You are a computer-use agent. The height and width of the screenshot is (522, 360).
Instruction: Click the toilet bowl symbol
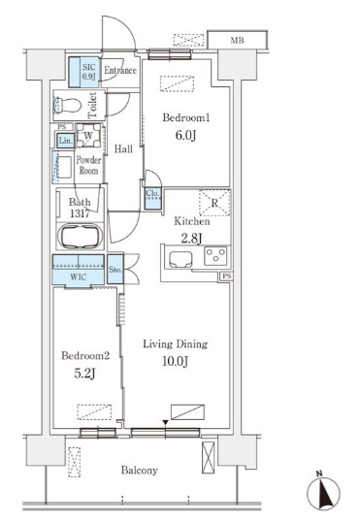point(67,106)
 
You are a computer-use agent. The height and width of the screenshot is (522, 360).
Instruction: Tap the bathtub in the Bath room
point(80,236)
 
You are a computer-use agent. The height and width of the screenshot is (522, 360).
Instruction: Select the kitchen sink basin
point(180,260)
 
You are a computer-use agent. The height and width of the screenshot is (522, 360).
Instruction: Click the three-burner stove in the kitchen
point(215,256)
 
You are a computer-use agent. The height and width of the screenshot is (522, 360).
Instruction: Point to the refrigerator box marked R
point(214,203)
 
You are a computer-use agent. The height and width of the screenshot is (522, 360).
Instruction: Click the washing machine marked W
point(88,135)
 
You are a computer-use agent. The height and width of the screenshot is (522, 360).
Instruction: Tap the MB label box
point(237,41)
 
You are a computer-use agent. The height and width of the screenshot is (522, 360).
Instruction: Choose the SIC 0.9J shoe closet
point(83,72)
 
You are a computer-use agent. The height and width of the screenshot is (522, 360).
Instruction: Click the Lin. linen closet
point(65,141)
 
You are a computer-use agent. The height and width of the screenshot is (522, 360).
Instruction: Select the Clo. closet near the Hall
point(152,199)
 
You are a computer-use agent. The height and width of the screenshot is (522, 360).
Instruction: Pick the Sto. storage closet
point(115,270)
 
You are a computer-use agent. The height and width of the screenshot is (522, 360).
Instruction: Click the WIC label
point(79,277)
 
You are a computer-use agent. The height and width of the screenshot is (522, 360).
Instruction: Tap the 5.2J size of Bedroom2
point(84,374)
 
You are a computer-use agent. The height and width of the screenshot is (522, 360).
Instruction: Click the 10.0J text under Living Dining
point(176,362)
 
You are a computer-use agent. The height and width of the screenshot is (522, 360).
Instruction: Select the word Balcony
point(139,471)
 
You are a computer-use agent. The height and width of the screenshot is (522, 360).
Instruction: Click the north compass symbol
point(323,492)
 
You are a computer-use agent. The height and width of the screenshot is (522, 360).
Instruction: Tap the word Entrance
point(120,70)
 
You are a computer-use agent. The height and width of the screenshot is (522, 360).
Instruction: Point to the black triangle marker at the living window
point(166,423)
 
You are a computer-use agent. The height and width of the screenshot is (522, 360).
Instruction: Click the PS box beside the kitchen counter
point(227,276)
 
